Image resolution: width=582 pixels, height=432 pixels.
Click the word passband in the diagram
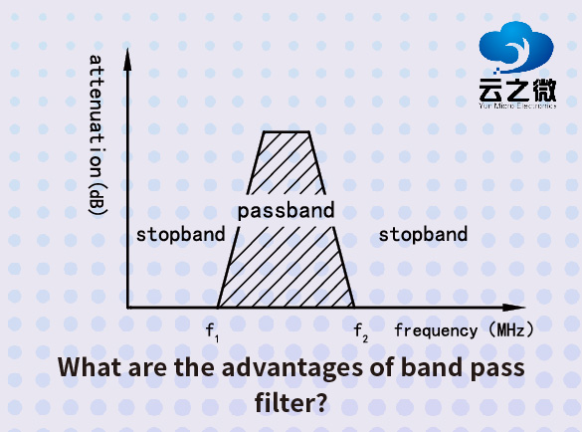click(x=287, y=211)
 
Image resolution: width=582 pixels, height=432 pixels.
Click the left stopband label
click(x=180, y=235)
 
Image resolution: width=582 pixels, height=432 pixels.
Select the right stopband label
click(x=423, y=235)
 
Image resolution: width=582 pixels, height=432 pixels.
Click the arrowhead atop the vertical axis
click(x=127, y=55)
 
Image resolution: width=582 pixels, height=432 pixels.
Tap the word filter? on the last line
click(x=291, y=404)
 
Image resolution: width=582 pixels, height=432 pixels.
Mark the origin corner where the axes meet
click(x=128, y=308)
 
